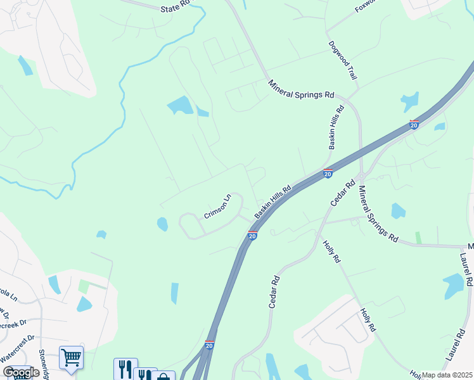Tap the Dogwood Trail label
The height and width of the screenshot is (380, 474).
click(x=343, y=61)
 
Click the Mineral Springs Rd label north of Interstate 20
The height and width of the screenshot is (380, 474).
click(x=300, y=89)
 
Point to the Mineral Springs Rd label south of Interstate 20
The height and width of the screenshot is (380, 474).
click(x=378, y=215)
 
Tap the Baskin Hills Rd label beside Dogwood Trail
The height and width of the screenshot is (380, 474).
click(x=336, y=127)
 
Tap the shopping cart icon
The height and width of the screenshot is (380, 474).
click(x=71, y=358)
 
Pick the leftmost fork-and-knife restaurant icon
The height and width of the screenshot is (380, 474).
click(x=125, y=369)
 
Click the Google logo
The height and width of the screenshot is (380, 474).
click(x=21, y=372)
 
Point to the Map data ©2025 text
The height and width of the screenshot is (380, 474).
click(x=447, y=375)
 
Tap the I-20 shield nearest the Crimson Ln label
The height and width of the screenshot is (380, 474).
click(x=252, y=236)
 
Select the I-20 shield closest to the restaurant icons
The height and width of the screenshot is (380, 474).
click(x=209, y=345)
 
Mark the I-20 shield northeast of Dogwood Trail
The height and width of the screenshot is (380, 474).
click(x=414, y=124)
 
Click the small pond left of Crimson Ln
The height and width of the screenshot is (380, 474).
click(x=162, y=224)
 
